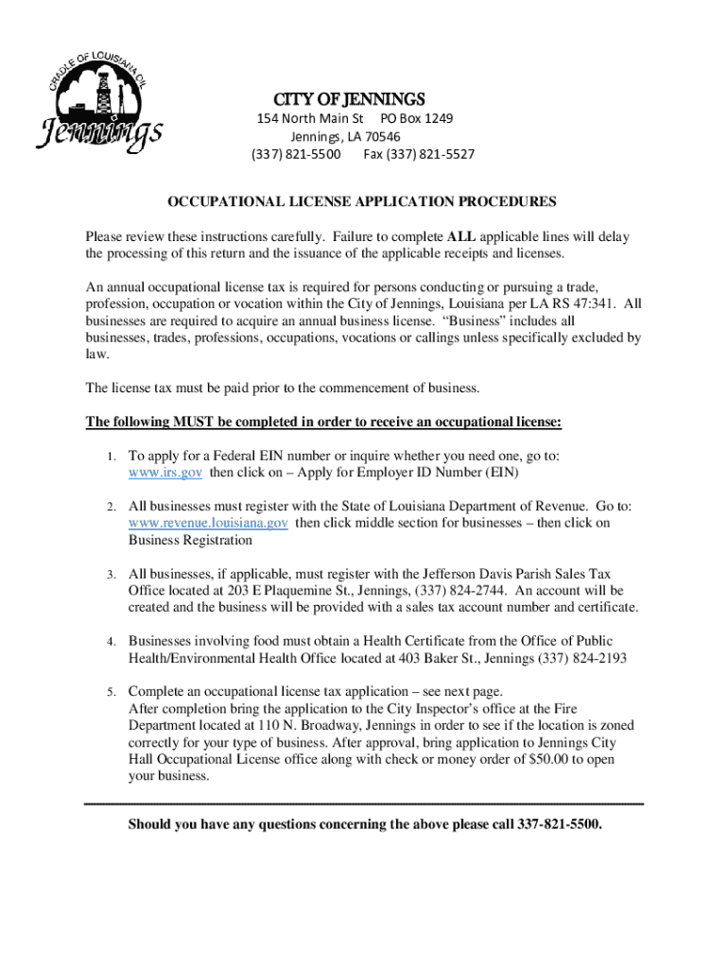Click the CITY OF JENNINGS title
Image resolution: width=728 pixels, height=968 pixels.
tap(350, 99)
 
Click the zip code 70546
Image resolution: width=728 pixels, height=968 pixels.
tap(402, 136)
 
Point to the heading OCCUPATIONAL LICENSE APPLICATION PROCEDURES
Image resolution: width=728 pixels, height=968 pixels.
tap(362, 202)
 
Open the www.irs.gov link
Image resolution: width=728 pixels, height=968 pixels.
tap(165, 472)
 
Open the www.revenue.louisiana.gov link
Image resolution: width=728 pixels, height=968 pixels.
tap(209, 523)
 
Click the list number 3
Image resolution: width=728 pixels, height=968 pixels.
tap(111, 575)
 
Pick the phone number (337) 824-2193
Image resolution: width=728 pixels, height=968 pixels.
tap(580, 658)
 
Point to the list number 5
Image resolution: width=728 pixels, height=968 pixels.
tap(111, 692)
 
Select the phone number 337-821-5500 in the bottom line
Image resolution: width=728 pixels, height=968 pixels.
tap(559, 824)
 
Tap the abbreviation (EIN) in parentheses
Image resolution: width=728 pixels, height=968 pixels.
tap(501, 472)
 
